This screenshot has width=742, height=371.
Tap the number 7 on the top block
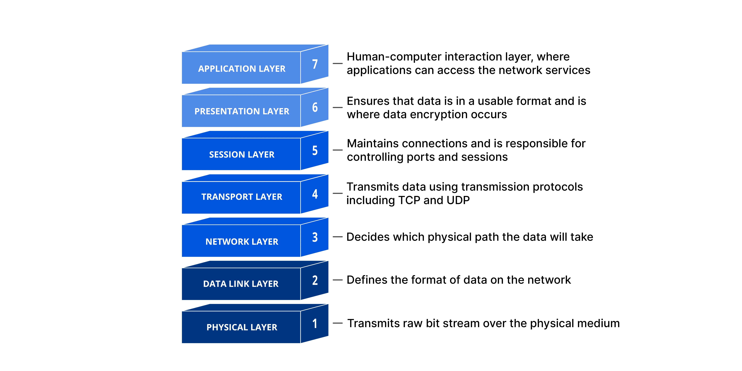(x=315, y=64)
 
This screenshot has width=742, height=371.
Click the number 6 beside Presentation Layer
(x=315, y=107)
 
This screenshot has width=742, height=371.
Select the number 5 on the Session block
(x=315, y=150)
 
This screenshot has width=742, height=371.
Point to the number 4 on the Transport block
(x=315, y=194)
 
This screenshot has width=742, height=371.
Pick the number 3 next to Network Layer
(x=315, y=237)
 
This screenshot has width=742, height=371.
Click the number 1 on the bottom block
(x=315, y=323)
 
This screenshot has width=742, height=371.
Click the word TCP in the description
(x=409, y=200)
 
